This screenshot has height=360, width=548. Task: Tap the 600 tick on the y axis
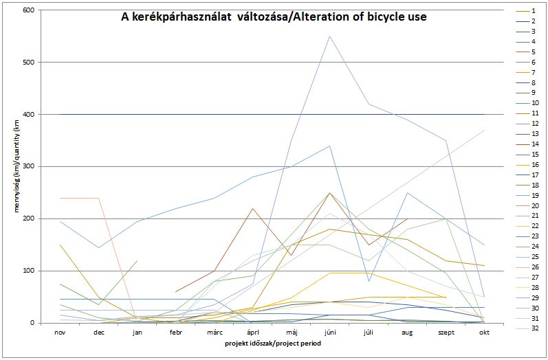pyautogui.click(x=30, y=10)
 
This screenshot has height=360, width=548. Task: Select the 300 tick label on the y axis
pyautogui.click(x=30, y=166)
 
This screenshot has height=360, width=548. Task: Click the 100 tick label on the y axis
pyautogui.click(x=30, y=271)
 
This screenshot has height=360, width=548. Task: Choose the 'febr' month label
pyautogui.click(x=175, y=331)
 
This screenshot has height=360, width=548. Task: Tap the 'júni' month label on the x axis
pyautogui.click(x=330, y=331)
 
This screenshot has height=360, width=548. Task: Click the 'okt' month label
pyautogui.click(x=484, y=331)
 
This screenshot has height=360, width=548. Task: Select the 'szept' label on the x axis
pyautogui.click(x=446, y=331)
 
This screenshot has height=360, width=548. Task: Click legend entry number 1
pyautogui.click(x=534, y=11)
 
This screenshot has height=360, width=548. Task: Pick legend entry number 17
pyautogui.click(x=534, y=175)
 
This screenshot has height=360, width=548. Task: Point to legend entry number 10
pyautogui.click(x=534, y=103)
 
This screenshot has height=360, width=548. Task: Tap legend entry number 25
pyautogui.click(x=534, y=256)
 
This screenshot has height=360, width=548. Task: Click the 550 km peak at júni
pyautogui.click(x=330, y=36)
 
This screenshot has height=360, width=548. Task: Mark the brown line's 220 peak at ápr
pyautogui.click(x=252, y=208)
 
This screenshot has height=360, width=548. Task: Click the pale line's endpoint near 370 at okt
pyautogui.click(x=484, y=130)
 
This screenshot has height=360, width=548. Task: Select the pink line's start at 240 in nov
pyautogui.click(x=61, y=198)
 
